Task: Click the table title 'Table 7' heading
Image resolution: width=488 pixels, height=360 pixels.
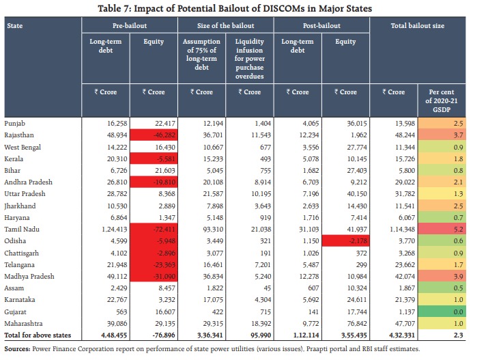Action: tap(244, 8)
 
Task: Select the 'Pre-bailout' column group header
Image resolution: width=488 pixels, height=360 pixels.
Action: tap(130, 25)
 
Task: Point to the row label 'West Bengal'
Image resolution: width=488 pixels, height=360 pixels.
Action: tap(23, 147)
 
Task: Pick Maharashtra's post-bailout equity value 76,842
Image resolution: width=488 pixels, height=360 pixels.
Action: tap(345, 322)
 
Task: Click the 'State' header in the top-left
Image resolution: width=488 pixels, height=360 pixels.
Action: tap(14, 25)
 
